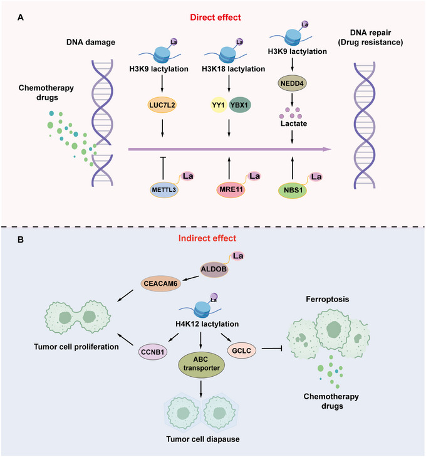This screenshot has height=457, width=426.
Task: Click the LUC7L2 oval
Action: click(x=162, y=105)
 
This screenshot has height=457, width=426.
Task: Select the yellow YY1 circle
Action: click(x=219, y=105)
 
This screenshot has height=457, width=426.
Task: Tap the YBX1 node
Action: click(x=240, y=105)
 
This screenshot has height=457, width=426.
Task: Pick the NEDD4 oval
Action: click(x=292, y=83)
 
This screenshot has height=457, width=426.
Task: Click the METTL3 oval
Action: click(x=164, y=190)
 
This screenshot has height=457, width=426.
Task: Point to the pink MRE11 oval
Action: click(x=231, y=189)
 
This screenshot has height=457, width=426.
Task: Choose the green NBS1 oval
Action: click(x=293, y=191)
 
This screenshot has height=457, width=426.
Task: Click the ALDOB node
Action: click(x=214, y=270)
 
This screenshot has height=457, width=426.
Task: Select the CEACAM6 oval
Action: click(x=160, y=283)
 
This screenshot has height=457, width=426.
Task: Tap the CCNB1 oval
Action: click(x=153, y=352)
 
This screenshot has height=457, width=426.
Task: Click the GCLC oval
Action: click(x=242, y=350)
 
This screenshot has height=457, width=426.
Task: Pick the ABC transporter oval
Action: click(x=201, y=364)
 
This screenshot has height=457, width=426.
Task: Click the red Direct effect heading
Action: click(x=216, y=18)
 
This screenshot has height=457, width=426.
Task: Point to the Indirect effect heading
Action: click(x=207, y=238)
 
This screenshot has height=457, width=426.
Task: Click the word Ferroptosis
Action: click(x=327, y=299)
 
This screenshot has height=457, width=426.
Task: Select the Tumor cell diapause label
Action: click(x=203, y=439)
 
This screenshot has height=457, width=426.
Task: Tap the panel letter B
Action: click(x=21, y=239)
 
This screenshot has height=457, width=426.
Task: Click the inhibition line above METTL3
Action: click(x=163, y=169)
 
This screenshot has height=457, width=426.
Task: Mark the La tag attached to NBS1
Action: click(x=316, y=177)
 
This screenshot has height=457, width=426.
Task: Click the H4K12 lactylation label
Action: click(x=207, y=324)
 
